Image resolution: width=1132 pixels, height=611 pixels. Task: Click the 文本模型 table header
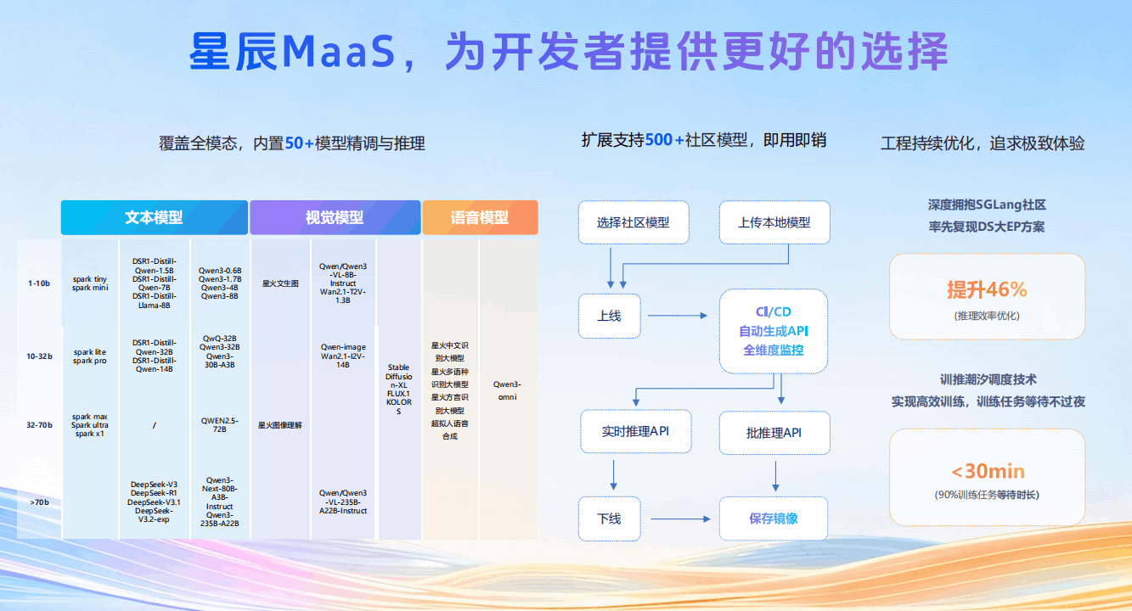pyautogui.click(x=154, y=217)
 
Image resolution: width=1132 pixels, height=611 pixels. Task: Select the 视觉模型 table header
pyautogui.click(x=335, y=217)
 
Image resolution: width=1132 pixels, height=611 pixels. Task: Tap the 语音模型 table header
pyautogui.click(x=480, y=217)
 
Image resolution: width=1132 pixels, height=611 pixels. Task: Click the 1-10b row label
pyautogui.click(x=39, y=283)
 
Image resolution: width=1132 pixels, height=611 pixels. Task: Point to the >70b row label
pyautogui.click(x=39, y=502)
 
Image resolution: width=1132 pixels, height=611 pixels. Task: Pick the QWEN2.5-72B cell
pyautogui.click(x=219, y=424)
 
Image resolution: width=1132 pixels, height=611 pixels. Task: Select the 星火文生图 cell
pyautogui.click(x=280, y=283)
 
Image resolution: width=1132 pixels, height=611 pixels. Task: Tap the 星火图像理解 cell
pyautogui.click(x=280, y=425)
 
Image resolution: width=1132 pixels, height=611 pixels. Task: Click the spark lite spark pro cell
pyautogui.click(x=89, y=356)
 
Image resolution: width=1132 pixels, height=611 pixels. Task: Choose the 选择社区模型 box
pyautogui.click(x=634, y=222)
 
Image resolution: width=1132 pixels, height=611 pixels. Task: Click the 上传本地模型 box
pyautogui.click(x=774, y=222)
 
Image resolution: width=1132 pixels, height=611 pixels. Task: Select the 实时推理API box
pyautogui.click(x=635, y=431)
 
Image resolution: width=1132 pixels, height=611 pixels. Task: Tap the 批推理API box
pyautogui.click(x=774, y=433)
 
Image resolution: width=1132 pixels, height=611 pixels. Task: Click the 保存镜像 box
pyautogui.click(x=774, y=519)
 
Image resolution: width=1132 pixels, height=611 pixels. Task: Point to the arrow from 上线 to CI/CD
pyautogui.click(x=677, y=316)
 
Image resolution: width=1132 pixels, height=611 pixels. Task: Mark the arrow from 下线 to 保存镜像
pyautogui.click(x=677, y=519)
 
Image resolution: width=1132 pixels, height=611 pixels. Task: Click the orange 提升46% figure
pyautogui.click(x=987, y=289)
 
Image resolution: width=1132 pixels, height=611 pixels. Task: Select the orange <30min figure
pyautogui.click(x=988, y=471)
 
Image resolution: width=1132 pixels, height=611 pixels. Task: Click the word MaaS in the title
pyautogui.click(x=339, y=53)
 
